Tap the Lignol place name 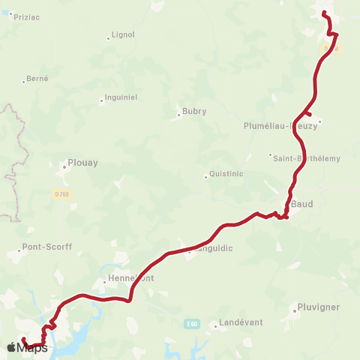pyautogui.click(x=122, y=34)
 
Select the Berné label pyautogui.click(x=37, y=78)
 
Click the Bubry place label pyautogui.click(x=193, y=111)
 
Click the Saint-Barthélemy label pyautogui.click(x=306, y=158)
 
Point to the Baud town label pyautogui.click(x=301, y=203)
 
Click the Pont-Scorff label pyautogui.click(x=47, y=246)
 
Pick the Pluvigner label pyautogui.click(x=318, y=307)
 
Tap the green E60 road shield pyautogui.click(x=192, y=323)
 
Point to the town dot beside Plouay pyautogui.click(x=64, y=166)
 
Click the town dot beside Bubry pyautogui.click(x=178, y=116)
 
